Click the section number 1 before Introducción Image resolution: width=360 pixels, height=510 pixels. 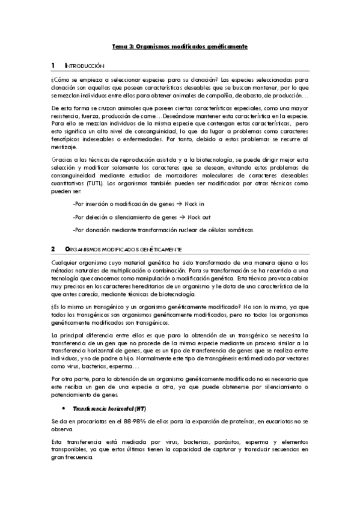tap(53, 65)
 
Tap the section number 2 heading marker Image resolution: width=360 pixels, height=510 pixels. tap(53, 248)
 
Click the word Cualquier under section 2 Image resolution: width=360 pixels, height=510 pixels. tap(67, 262)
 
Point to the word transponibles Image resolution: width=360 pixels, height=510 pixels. tap(70, 449)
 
